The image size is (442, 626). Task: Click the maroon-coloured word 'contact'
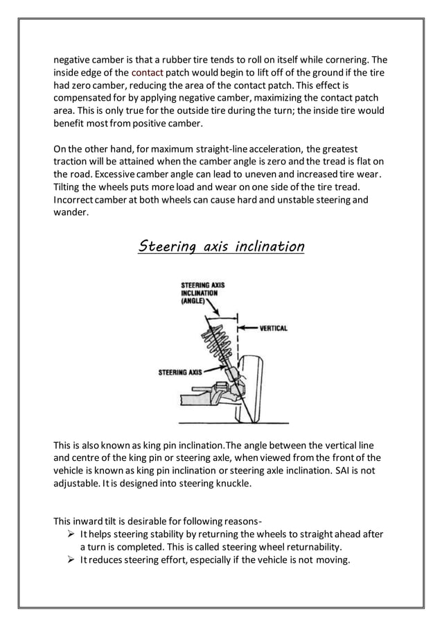point(147,73)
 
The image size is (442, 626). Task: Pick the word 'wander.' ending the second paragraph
point(71,213)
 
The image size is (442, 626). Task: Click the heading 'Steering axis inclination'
point(221,246)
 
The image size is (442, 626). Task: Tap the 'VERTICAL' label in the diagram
point(273,328)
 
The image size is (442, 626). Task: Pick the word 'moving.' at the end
point(334,561)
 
